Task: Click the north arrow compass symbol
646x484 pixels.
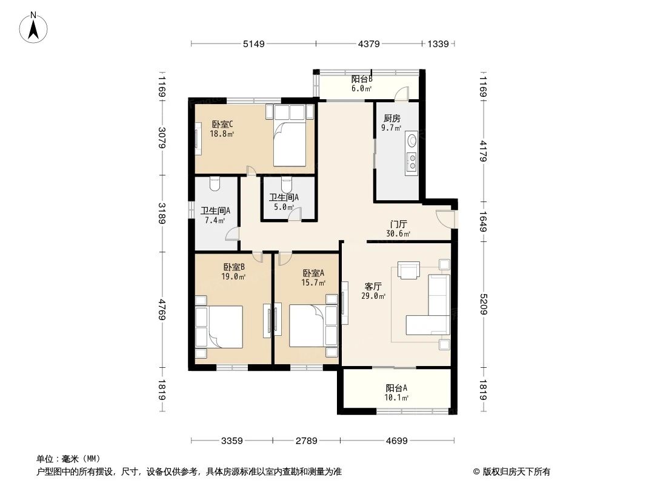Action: pyautogui.click(x=35, y=27)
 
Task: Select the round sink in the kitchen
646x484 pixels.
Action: pyautogui.click(x=412, y=140)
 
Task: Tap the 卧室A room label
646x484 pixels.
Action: pyautogui.click(x=313, y=273)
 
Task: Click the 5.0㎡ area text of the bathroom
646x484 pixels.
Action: pyautogui.click(x=284, y=206)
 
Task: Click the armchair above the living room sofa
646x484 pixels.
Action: pyautogui.click(x=408, y=270)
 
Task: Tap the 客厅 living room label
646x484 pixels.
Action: pyautogui.click(x=373, y=286)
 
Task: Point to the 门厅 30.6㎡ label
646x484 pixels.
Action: pyautogui.click(x=399, y=229)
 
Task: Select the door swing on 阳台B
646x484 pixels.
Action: pyautogui.click(x=401, y=93)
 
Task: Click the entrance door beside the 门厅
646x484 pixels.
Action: pyautogui.click(x=447, y=217)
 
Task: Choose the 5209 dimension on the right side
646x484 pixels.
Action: pyautogui.click(x=483, y=305)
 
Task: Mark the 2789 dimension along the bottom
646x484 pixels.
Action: pyautogui.click(x=306, y=441)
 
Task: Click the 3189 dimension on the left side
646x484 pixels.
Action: pyautogui.click(x=162, y=214)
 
